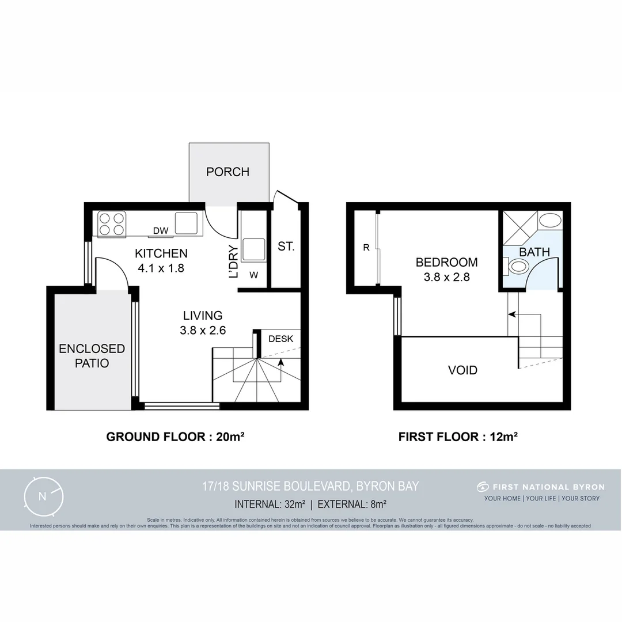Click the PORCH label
[x=228, y=172]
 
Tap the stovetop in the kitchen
[x=112, y=224]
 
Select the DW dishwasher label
[x=161, y=231]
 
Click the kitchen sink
[x=186, y=223]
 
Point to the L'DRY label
[x=233, y=262]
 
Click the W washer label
[x=253, y=275]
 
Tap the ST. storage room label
[x=286, y=246]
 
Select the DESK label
[x=281, y=339]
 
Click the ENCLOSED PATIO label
[x=92, y=355]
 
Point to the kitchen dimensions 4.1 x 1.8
[x=161, y=268]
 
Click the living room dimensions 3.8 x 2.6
[x=203, y=331]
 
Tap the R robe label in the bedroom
[x=366, y=248]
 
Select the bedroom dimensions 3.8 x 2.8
[x=447, y=276]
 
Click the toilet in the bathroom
[x=518, y=267]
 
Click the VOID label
[x=463, y=370]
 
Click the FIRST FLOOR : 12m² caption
[x=458, y=437]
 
